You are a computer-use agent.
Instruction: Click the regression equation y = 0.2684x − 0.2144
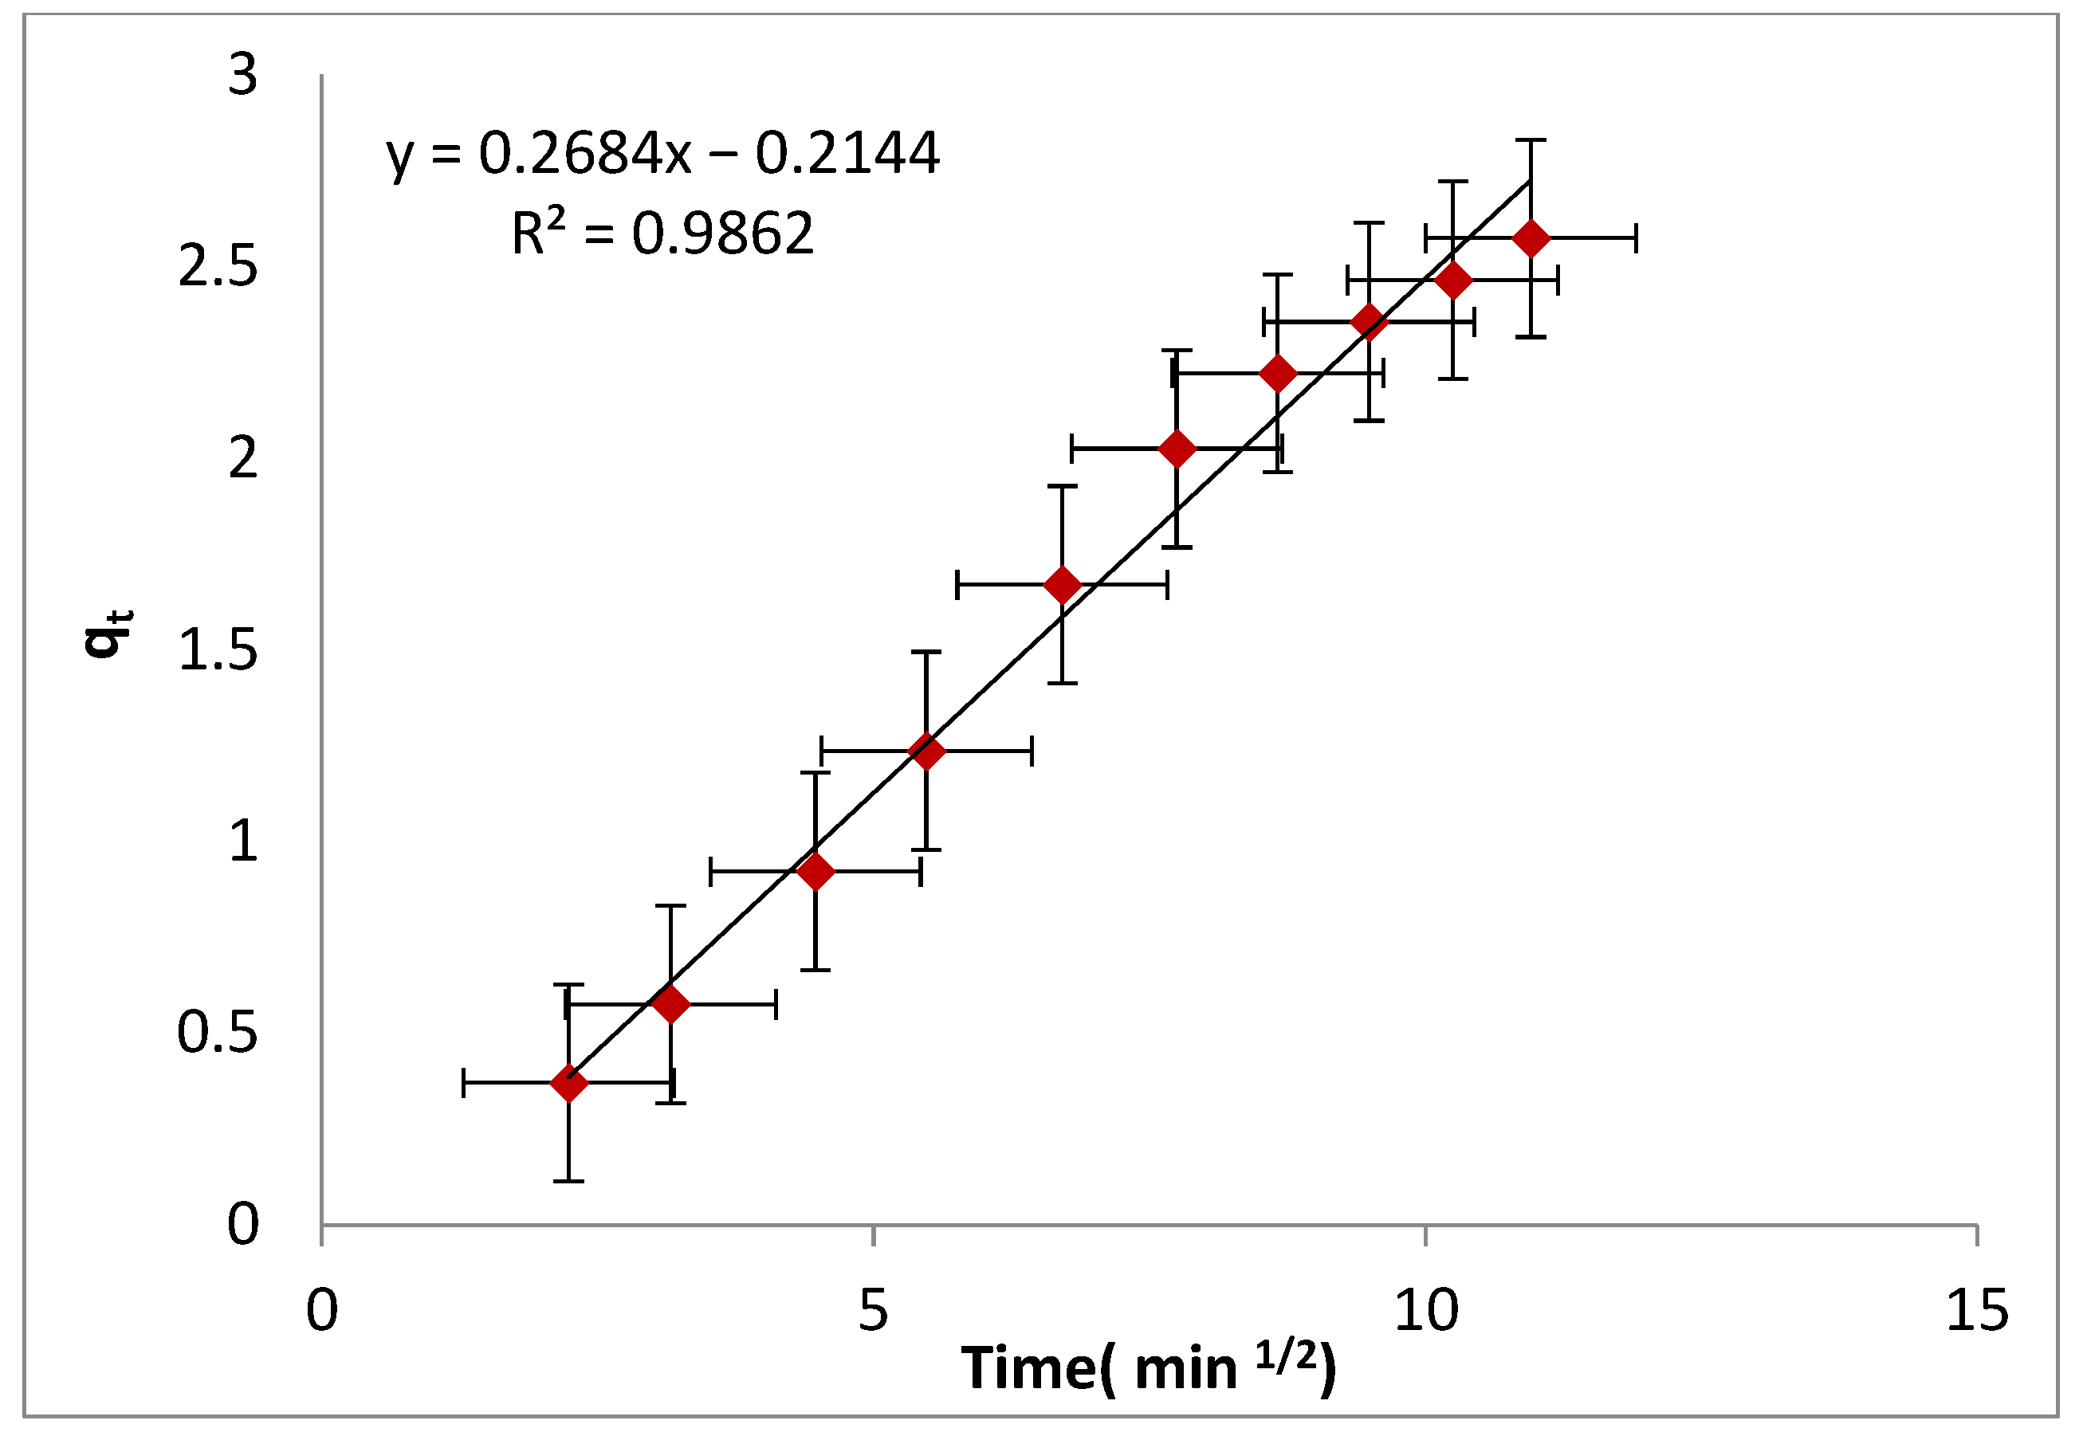[662, 154]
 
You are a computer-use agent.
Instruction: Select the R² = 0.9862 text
[662, 233]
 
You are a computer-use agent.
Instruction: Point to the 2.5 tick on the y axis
[218, 266]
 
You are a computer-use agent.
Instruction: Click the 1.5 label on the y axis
[218, 650]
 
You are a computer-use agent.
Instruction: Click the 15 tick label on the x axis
[1977, 1311]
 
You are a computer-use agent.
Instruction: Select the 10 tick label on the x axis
[1426, 1311]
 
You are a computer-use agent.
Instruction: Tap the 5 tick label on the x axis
[872, 1311]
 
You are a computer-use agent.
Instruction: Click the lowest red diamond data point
[569, 1084]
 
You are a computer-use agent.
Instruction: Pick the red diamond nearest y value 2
[1177, 449]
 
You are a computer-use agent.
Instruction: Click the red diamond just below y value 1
[815, 871]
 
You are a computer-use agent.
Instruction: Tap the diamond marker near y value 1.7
[1063, 585]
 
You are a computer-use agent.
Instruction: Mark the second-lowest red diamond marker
[671, 1004]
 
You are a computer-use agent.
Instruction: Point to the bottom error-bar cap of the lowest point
[569, 1181]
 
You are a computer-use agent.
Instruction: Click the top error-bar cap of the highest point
[1531, 141]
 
